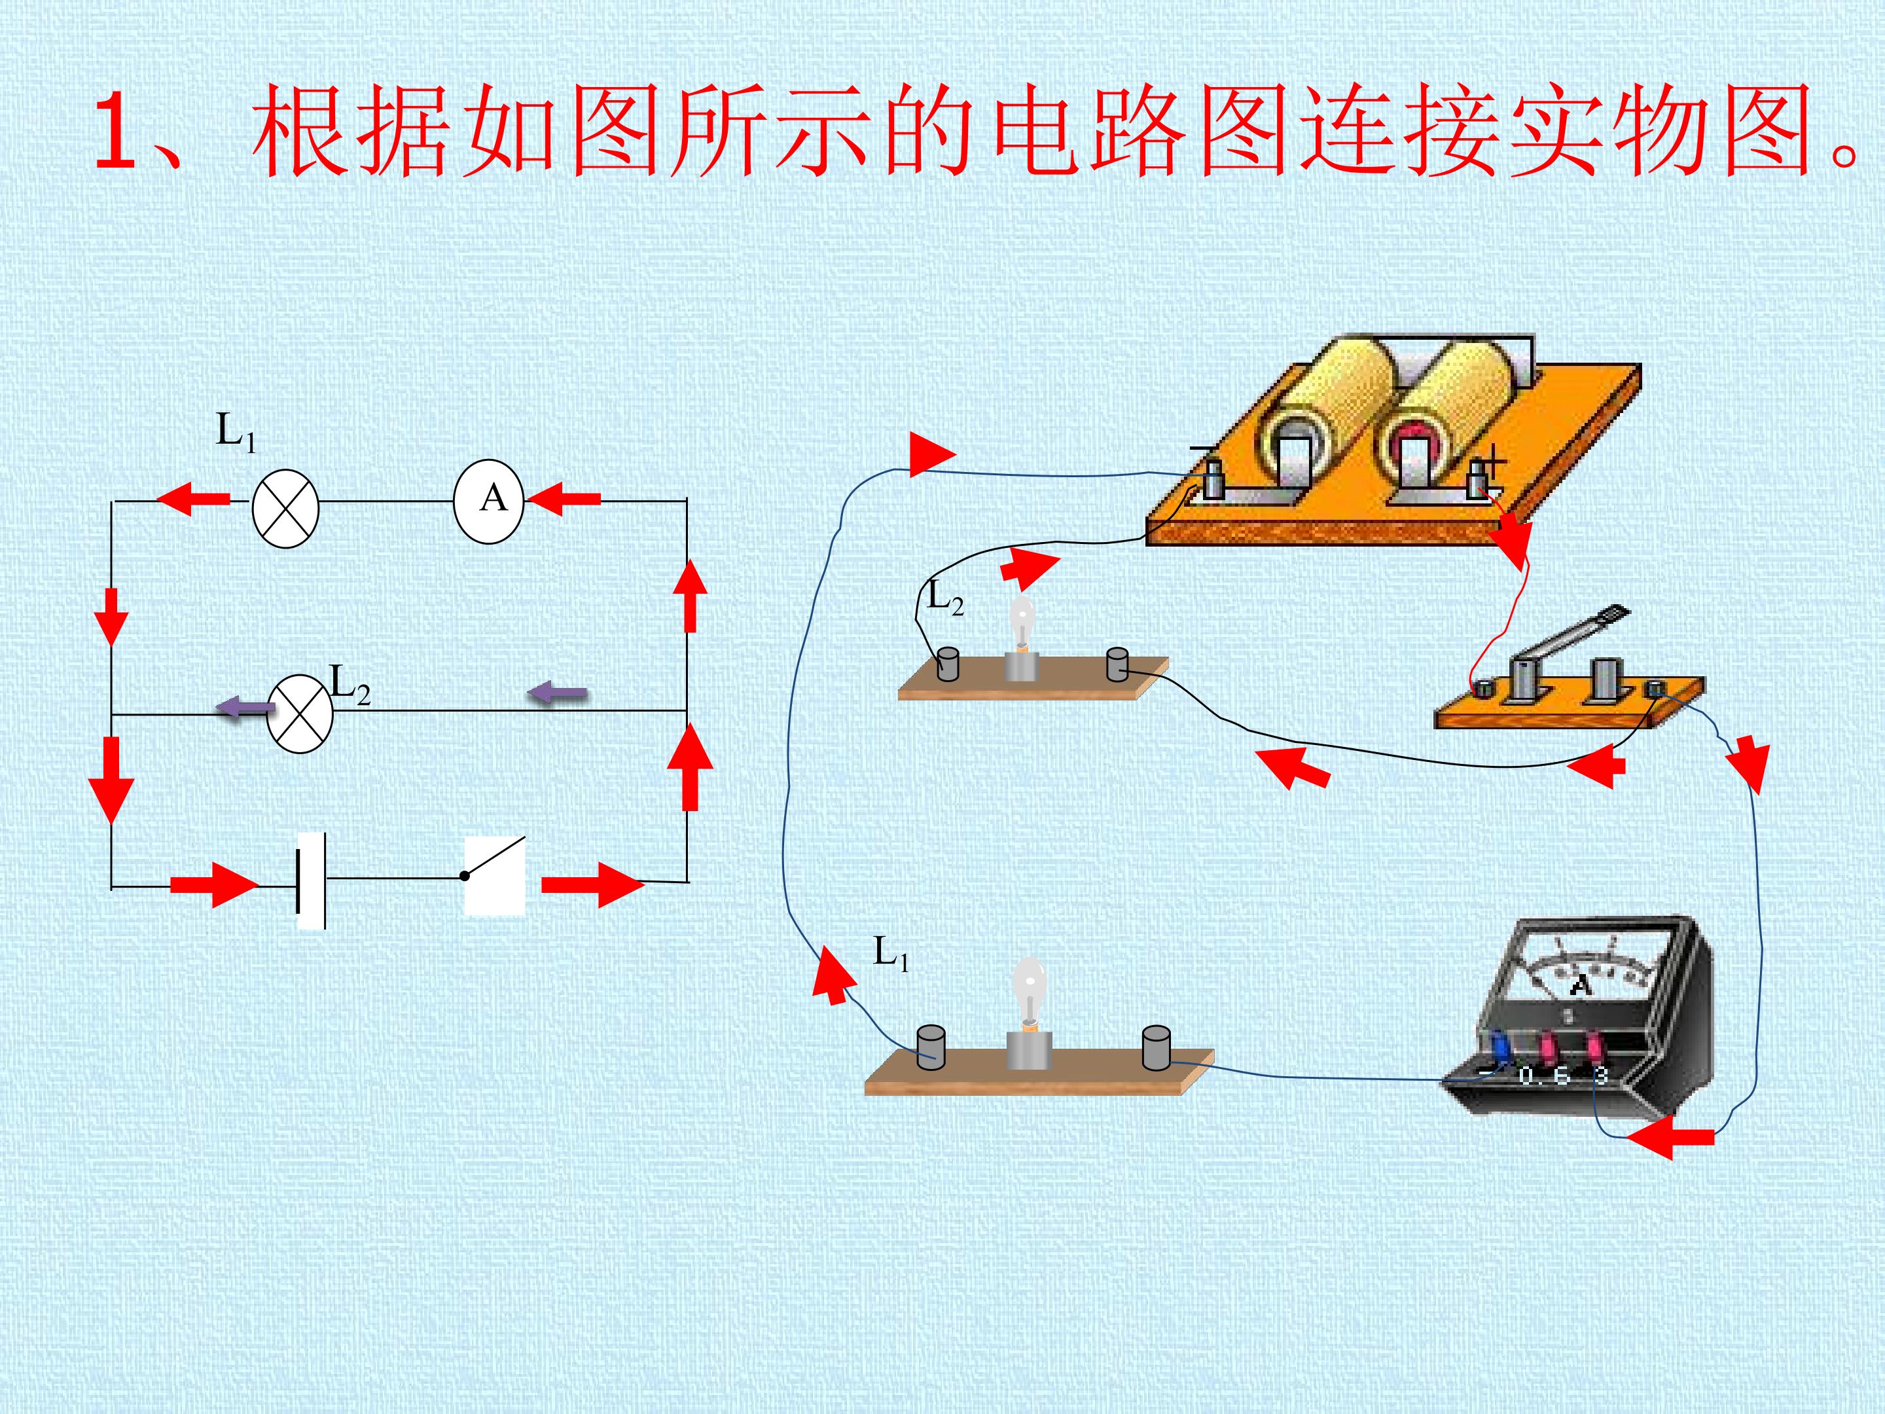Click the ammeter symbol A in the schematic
click(x=488, y=501)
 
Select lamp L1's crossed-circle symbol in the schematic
click(x=285, y=508)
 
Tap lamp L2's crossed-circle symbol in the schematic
click(x=299, y=714)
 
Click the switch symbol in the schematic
click(x=494, y=875)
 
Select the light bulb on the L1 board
click(x=1030, y=992)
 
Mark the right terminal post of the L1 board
click(x=1155, y=1047)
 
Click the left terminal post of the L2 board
click(x=947, y=664)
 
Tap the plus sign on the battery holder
click(x=1492, y=465)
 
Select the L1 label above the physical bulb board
click(x=891, y=953)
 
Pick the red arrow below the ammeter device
click(x=1670, y=1137)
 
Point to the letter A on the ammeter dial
click(x=1580, y=985)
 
